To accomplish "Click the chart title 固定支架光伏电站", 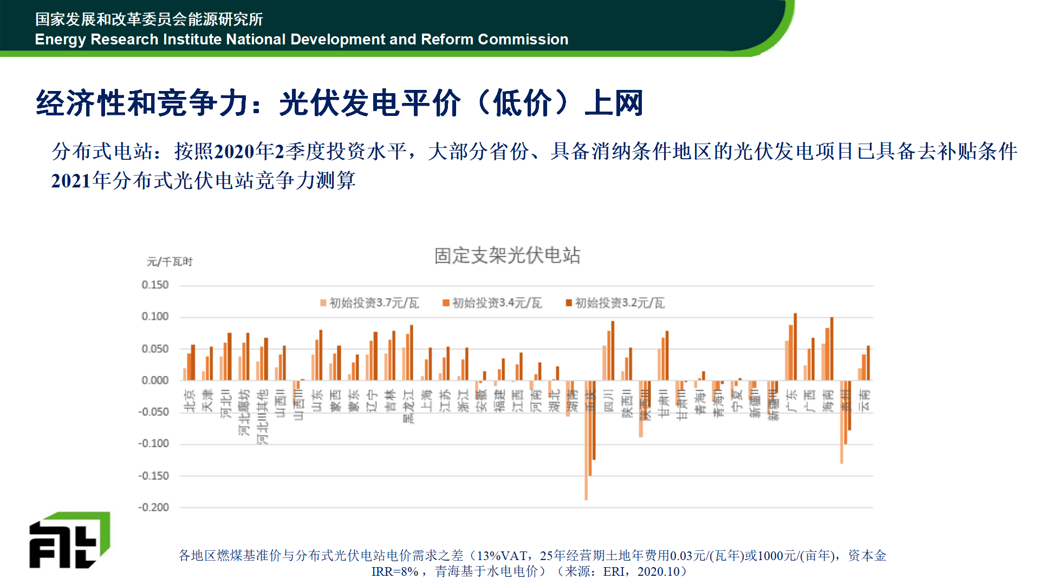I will click(507, 255).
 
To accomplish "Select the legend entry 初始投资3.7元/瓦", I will click(374, 303).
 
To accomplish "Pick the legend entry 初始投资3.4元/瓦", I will click(497, 303).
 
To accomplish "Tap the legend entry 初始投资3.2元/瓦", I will click(619, 303).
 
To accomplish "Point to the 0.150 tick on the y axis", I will click(155, 285).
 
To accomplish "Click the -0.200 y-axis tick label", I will click(153, 508).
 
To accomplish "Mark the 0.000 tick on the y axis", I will click(155, 380).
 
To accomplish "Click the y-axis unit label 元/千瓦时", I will click(170, 262).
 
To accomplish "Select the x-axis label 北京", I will click(190, 401).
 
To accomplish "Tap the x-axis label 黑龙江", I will click(408, 406).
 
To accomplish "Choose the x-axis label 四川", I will click(608, 401).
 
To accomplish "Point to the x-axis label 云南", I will click(864, 401).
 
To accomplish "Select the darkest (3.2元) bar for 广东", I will click(795, 347).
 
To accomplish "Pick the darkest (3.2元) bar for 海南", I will click(831, 349).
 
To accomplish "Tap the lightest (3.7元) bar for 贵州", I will click(842, 422).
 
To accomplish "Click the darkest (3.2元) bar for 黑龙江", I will click(412, 353).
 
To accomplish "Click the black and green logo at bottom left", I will click(69, 540).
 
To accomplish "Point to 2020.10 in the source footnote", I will click(658, 571).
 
